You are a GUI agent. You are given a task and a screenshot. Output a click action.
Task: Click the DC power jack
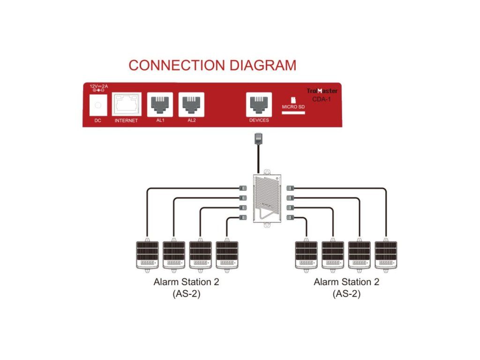[98, 105]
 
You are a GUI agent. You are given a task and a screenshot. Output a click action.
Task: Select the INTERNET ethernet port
[127, 104]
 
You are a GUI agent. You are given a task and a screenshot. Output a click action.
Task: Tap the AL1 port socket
[160, 105]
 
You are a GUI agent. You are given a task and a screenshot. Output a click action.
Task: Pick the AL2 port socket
[191, 105]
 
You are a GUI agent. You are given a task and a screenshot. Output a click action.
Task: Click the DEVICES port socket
[259, 105]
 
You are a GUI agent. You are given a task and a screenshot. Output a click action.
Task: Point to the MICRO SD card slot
[293, 112]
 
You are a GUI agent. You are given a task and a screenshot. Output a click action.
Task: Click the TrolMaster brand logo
[322, 91]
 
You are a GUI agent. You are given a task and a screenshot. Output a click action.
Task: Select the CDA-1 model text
[322, 99]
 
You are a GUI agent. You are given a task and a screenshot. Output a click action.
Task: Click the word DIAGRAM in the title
[262, 65]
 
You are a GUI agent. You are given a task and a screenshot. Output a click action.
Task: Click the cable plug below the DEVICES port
[259, 138]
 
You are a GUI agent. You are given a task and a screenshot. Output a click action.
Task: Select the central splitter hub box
[267, 198]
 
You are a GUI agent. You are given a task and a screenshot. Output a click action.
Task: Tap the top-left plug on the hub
[243, 188]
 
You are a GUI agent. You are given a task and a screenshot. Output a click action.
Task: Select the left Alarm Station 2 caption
[186, 282]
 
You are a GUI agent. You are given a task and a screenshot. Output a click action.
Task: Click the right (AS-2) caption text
[346, 294]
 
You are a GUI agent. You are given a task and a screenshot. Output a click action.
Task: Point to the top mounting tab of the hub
[267, 172]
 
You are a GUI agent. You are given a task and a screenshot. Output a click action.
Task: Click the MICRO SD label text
[293, 107]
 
